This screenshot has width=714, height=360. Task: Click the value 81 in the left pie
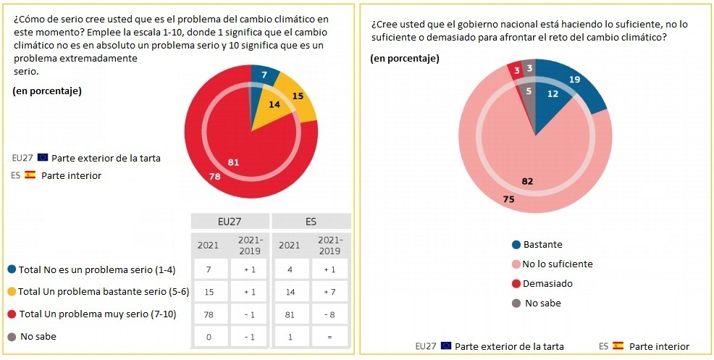tap(233, 162)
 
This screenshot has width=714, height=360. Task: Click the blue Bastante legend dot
tap(516, 245)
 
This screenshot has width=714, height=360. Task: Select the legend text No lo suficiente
tap(558, 264)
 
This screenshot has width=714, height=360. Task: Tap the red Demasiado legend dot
tap(516, 284)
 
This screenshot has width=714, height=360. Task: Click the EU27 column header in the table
tap(230, 221)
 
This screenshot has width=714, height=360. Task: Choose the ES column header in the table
tap(311, 221)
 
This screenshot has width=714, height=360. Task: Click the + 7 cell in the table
tap(331, 292)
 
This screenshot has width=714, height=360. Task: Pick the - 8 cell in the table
tap(331, 314)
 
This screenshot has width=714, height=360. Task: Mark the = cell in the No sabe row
tap(331, 337)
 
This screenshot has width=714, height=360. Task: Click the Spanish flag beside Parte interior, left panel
tap(30, 175)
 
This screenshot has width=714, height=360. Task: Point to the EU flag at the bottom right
tap(446, 346)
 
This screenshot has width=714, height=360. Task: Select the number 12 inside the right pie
tap(553, 93)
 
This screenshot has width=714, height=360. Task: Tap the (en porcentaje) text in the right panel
tap(405, 59)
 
